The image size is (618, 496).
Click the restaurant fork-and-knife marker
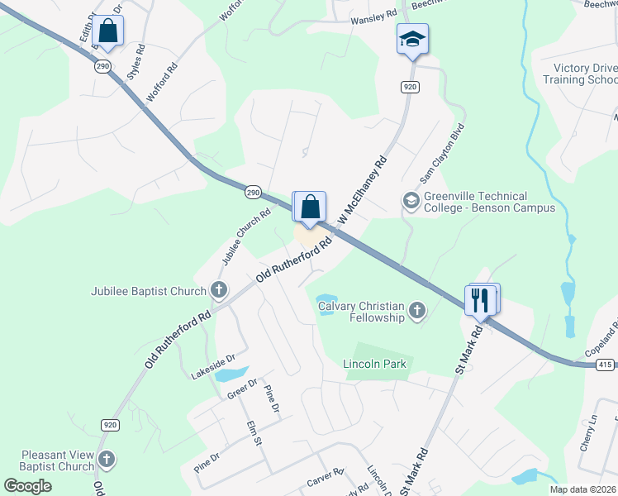tap(482, 299)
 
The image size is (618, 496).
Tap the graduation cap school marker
tap(412, 39)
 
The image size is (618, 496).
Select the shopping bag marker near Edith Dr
tap(107, 31)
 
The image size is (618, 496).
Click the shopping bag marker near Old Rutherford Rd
tap(310, 207)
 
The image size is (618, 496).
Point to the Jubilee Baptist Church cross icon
tap(219, 289)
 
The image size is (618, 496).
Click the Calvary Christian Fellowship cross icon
tap(417, 311)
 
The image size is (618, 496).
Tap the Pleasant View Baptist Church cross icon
tap(106, 459)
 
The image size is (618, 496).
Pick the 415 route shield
tap(604, 365)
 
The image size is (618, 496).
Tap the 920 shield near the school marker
tap(410, 87)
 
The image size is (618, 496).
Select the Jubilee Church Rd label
tap(245, 237)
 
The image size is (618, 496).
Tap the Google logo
tap(26, 485)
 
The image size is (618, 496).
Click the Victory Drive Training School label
tap(579, 73)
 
